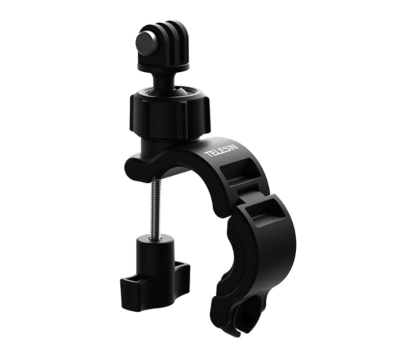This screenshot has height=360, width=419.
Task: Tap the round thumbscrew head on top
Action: point(147,42)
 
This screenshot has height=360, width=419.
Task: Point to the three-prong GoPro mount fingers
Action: point(171,40)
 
